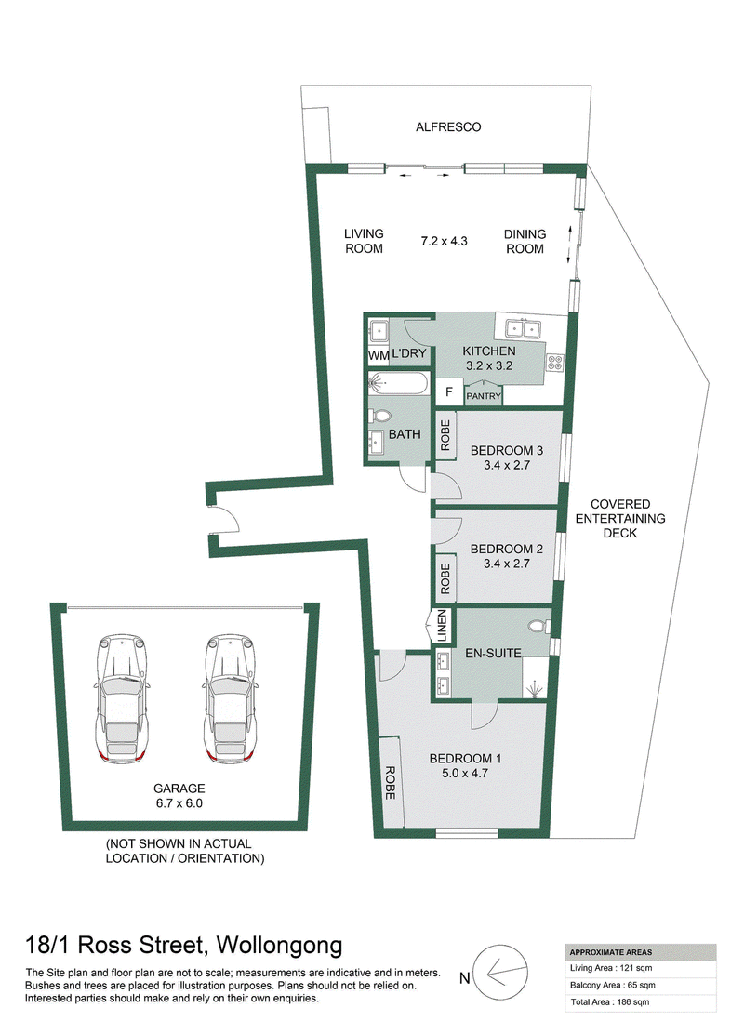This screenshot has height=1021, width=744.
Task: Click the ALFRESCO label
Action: [448, 127]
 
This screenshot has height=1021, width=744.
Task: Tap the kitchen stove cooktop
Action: [554, 362]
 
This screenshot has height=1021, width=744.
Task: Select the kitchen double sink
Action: [524, 329]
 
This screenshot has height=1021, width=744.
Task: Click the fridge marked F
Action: [449, 392]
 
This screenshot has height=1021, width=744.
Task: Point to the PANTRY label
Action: [484, 396]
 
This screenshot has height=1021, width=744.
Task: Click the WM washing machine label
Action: [379, 355]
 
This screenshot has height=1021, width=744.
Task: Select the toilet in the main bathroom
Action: [379, 416]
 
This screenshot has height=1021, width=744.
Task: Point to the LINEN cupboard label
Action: [442, 626]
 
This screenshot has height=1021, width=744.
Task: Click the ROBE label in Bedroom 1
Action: [391, 783]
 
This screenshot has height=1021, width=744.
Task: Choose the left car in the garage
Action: [121, 698]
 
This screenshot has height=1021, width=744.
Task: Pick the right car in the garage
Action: [230, 698]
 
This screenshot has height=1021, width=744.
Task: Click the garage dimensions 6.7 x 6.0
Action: [179, 803]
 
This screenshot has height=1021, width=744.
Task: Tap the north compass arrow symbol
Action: [499, 975]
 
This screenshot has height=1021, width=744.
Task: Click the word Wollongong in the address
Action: [280, 945]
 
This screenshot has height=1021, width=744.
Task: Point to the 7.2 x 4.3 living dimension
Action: [445, 241]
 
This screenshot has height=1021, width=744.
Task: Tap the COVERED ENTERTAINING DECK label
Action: [620, 518]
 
